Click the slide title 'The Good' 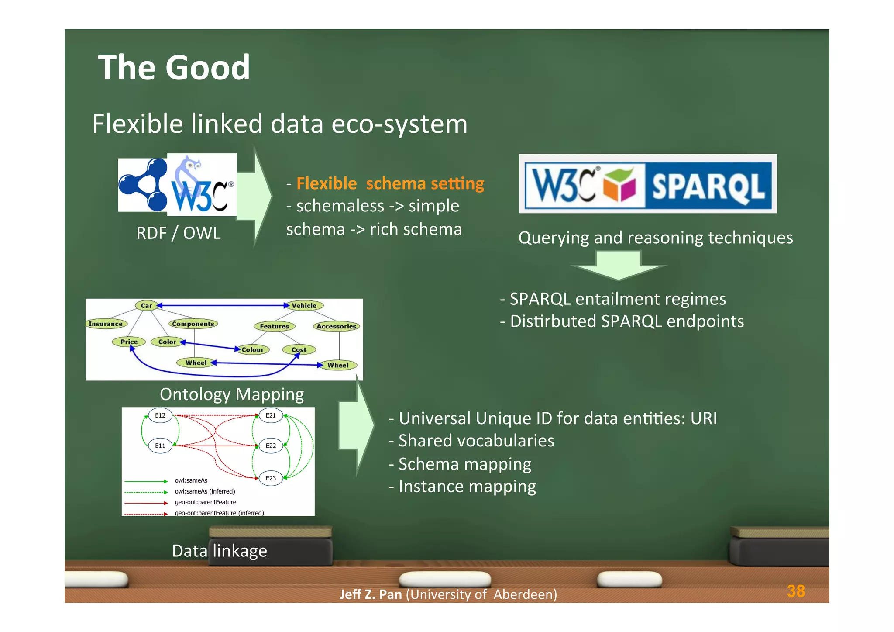174,68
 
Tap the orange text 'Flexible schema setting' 390,183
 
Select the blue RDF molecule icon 143,185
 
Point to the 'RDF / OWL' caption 178,233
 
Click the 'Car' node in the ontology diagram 146,306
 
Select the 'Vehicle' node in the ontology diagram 304,306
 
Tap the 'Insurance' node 106,324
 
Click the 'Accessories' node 336,326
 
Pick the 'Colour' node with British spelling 252,349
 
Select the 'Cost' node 299,349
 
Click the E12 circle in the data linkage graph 160,415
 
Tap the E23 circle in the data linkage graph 271,478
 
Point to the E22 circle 271,446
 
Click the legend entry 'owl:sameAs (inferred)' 205,491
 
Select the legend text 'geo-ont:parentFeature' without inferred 205,502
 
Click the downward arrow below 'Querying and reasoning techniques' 618,265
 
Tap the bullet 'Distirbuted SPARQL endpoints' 622,321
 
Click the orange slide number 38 795,591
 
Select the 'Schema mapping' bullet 460,464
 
